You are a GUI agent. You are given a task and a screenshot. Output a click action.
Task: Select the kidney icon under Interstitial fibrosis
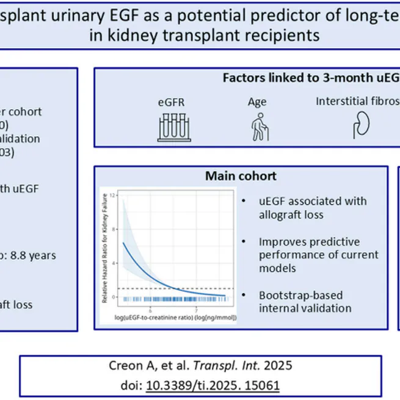[x=359, y=126]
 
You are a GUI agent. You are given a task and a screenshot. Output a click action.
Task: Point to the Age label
[x=257, y=102]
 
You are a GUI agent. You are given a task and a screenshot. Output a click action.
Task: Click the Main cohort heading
[x=241, y=176]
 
